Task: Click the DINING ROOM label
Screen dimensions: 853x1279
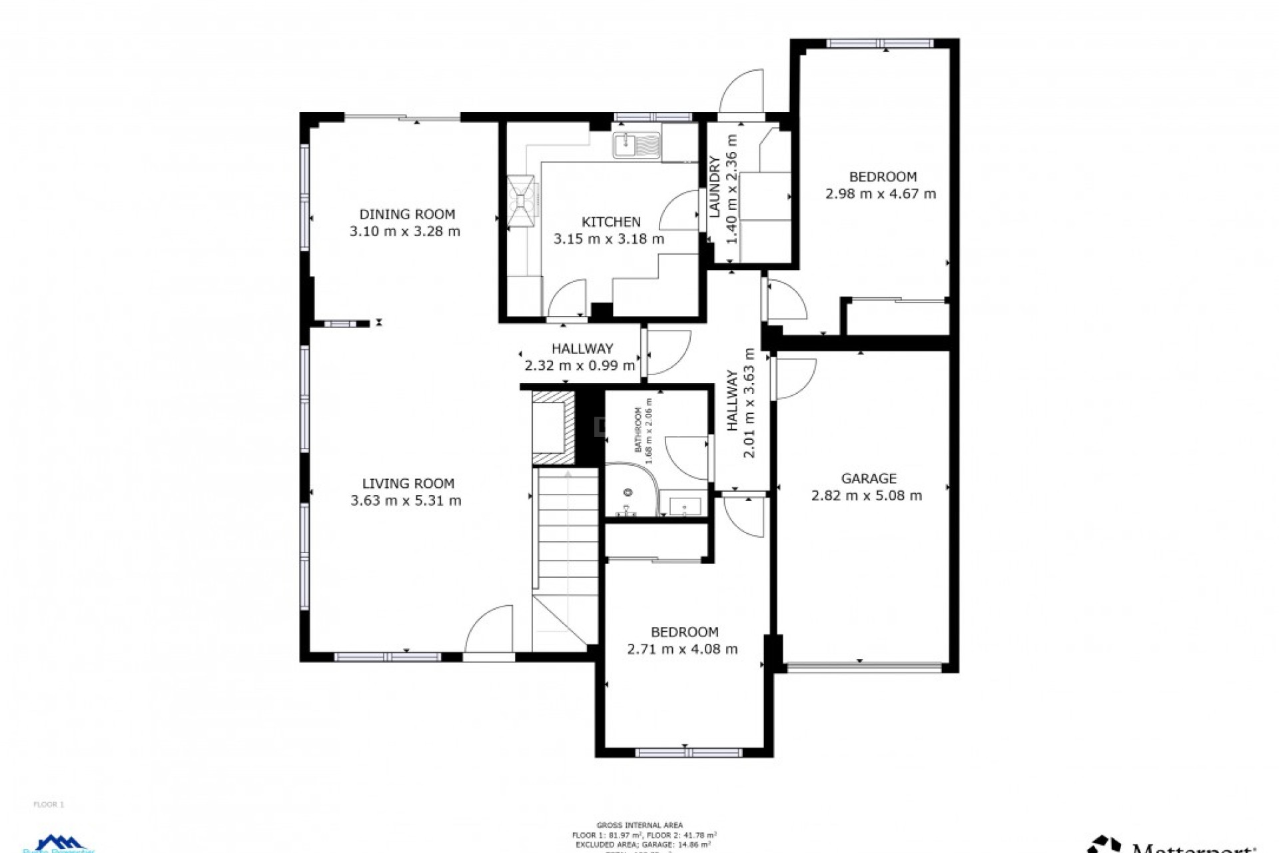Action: pyautogui.click(x=407, y=215)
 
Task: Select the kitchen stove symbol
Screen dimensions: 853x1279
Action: pyautogui.click(x=520, y=201)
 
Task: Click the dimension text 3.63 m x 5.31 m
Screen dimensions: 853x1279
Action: pyautogui.click(x=406, y=500)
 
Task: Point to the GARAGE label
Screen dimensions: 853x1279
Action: pyautogui.click(x=869, y=478)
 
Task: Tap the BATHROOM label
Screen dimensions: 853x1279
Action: pyautogui.click(x=638, y=430)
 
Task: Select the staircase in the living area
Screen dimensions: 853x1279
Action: pyautogui.click(x=566, y=533)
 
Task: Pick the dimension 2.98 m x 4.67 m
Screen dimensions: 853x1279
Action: pyautogui.click(x=881, y=194)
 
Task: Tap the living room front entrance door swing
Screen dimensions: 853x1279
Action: pyautogui.click(x=490, y=630)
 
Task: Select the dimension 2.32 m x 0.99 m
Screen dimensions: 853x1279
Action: pyautogui.click(x=580, y=365)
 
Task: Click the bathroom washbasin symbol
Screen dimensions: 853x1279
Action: pyautogui.click(x=685, y=506)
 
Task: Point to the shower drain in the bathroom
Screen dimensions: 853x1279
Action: pyautogui.click(x=628, y=492)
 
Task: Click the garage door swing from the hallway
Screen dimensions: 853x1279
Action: pyautogui.click(x=795, y=378)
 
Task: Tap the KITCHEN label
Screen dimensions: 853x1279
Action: pyautogui.click(x=611, y=222)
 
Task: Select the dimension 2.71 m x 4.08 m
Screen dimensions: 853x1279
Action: pyautogui.click(x=682, y=649)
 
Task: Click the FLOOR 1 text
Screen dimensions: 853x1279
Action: pyautogui.click(x=49, y=804)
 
